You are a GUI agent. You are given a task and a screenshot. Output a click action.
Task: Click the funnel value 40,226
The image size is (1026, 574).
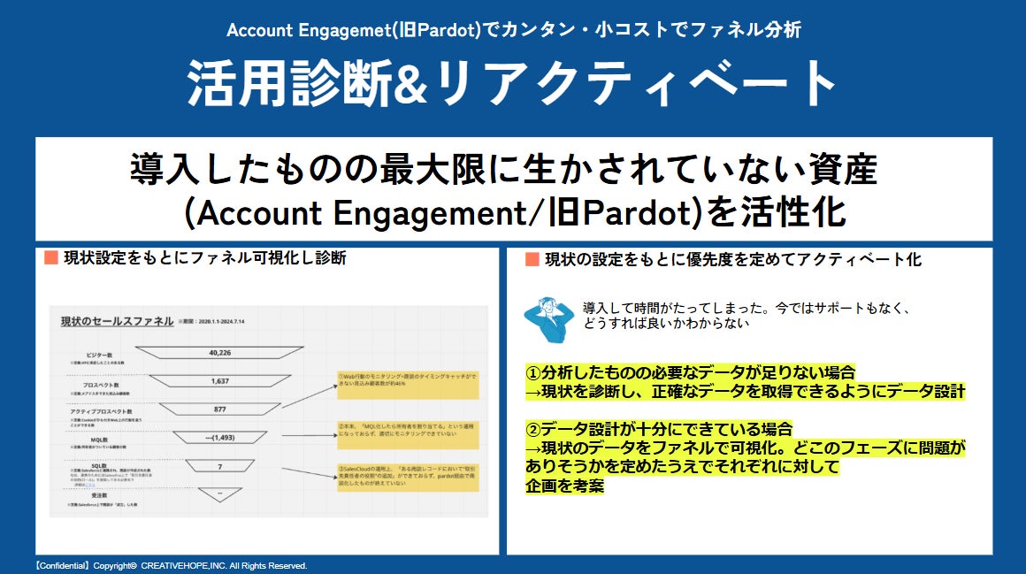click(220, 354)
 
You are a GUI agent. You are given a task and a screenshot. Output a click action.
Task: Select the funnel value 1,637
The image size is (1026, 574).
click(220, 381)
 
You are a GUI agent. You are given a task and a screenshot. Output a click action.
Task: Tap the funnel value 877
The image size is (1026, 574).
click(220, 409)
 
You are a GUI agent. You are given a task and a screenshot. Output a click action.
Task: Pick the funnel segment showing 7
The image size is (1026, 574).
click(220, 465)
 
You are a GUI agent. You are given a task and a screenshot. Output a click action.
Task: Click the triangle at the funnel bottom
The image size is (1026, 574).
click(220, 494)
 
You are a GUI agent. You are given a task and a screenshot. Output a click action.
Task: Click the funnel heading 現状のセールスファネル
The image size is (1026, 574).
click(117, 321)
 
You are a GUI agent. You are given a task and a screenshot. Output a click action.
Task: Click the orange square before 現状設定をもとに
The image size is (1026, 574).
click(50, 258)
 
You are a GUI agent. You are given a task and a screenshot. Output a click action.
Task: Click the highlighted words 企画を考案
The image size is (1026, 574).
click(564, 485)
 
